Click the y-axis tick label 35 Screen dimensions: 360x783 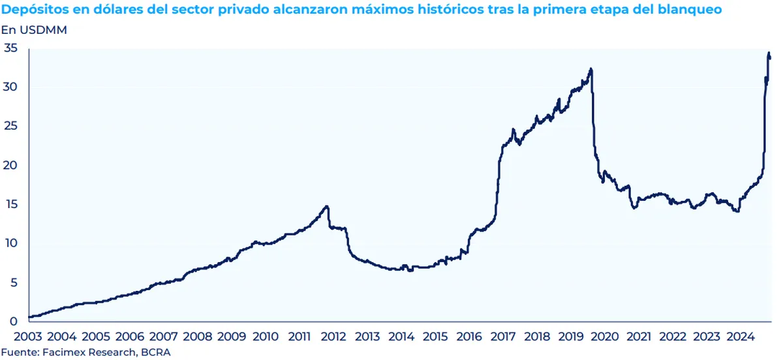(x=11, y=48)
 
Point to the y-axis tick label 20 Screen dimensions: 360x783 (x=11, y=165)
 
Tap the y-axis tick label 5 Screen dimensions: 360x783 (x=14, y=282)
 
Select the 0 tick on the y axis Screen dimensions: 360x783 (x=14, y=322)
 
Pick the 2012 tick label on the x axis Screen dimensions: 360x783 (x=333, y=337)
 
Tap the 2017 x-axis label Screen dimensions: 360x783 (x=502, y=337)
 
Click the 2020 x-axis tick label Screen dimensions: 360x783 (x=604, y=337)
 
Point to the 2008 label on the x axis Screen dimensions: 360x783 (x=198, y=337)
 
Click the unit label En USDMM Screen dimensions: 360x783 (x=34, y=30)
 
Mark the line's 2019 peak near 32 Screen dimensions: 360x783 (x=591, y=68)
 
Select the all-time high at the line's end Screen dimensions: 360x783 (x=769, y=53)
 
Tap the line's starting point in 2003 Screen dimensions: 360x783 (x=29, y=317)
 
